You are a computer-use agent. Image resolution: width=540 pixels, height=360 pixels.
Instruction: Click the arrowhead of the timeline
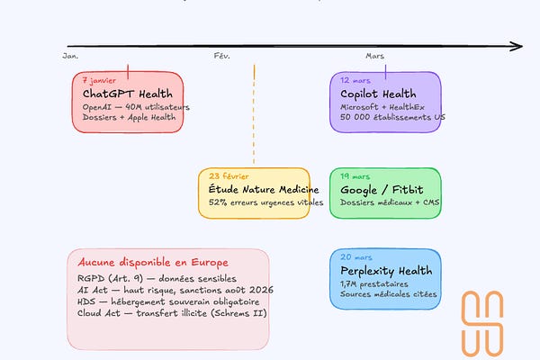(x=517, y=45)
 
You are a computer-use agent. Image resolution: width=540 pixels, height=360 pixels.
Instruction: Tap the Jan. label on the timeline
(x=71, y=57)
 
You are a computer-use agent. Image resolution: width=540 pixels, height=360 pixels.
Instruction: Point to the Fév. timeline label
(x=222, y=57)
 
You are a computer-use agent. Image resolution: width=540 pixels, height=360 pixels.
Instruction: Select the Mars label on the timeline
(x=375, y=57)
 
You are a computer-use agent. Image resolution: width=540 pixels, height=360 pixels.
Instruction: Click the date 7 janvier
(x=99, y=80)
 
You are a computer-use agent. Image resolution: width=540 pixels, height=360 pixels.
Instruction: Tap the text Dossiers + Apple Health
(x=122, y=117)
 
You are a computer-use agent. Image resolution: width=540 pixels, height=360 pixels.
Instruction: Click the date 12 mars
(x=355, y=80)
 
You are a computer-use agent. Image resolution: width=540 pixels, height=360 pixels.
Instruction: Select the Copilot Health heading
(x=378, y=94)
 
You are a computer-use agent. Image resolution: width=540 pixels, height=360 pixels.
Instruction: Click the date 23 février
(x=229, y=176)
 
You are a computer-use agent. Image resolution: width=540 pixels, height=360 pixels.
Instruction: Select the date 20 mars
(x=356, y=257)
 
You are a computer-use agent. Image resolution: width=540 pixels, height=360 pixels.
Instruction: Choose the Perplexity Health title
(x=386, y=271)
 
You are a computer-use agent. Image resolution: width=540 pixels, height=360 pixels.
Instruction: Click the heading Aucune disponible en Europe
(x=146, y=263)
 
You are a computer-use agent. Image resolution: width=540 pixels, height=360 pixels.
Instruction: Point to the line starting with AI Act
(x=170, y=290)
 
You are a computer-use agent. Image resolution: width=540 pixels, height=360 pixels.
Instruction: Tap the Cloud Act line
(x=172, y=313)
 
